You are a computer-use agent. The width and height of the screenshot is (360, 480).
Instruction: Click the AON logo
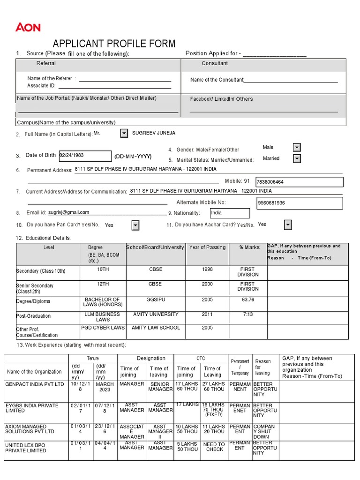coord(28,28)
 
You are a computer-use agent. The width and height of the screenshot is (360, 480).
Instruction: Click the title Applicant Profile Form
coord(114,44)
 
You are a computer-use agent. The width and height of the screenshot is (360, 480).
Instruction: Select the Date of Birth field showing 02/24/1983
coord(84,155)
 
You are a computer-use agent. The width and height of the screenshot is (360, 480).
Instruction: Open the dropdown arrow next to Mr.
coord(124,134)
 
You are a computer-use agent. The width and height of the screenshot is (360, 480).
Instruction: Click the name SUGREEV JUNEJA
coord(154,133)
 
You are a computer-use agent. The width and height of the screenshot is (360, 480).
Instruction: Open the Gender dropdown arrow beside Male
coord(297,148)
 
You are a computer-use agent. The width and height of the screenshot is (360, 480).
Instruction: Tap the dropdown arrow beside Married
coord(297,158)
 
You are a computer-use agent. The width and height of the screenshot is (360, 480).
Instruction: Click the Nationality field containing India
coord(229,213)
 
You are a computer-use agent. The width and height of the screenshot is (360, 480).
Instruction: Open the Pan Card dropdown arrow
coord(135,225)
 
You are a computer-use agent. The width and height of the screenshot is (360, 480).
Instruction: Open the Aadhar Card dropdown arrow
coord(288,225)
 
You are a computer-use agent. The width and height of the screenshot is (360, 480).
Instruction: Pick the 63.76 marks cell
coord(248,300)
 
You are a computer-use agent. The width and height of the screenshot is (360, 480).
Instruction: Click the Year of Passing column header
coord(207,247)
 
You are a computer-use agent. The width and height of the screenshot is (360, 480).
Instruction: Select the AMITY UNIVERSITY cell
coord(156,315)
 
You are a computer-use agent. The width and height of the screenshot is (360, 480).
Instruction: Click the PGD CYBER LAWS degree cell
coord(103,328)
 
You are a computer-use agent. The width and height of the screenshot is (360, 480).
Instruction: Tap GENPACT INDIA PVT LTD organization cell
coord(35,384)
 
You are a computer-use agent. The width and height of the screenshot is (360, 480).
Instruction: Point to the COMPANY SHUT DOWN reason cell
coord(264,432)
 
